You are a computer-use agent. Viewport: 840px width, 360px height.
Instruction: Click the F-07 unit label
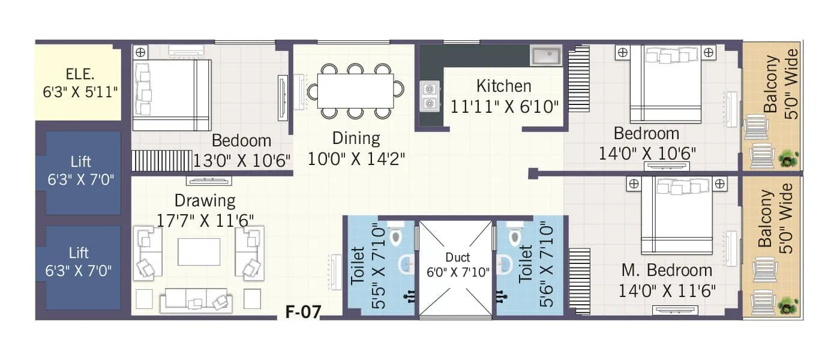coord(303,311)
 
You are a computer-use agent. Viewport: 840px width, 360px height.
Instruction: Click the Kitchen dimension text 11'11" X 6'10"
coord(505,106)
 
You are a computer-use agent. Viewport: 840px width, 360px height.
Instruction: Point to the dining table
coord(355,91)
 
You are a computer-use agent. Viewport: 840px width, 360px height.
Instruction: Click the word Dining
coord(356,139)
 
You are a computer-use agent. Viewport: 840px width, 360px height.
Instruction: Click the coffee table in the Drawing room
coord(199,251)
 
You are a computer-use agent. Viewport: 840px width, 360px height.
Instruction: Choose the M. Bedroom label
coord(667,271)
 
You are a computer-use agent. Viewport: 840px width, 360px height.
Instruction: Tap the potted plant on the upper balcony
coord(788,159)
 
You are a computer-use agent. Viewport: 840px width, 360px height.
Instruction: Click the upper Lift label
coord(80,161)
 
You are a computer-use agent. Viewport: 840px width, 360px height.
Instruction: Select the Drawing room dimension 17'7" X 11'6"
coord(205,220)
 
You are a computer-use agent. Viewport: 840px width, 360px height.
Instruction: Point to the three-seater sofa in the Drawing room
coord(195,301)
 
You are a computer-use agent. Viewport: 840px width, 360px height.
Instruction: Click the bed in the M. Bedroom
coord(676,216)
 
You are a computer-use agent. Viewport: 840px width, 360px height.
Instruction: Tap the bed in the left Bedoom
coord(172,94)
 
